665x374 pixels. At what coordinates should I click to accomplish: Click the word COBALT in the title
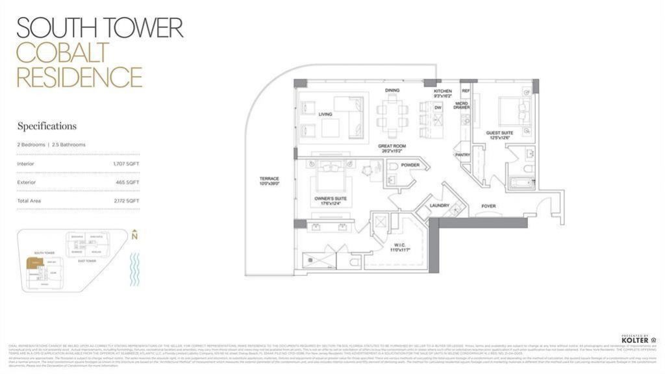tap(62, 52)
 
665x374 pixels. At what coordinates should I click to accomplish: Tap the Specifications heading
tap(47, 126)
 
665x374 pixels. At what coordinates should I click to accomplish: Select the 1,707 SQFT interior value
tap(126, 164)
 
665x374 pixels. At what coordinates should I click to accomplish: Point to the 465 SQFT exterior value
tap(127, 182)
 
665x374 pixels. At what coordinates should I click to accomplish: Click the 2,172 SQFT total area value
tap(126, 201)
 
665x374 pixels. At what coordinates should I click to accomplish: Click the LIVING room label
tap(325, 114)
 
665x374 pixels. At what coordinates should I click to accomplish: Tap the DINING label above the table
tap(392, 90)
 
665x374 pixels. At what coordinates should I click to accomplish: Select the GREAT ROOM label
tap(392, 147)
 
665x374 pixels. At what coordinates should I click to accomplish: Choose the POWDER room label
tap(410, 166)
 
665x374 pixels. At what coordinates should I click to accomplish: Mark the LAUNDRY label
tap(440, 206)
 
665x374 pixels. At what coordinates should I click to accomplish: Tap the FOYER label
tap(488, 206)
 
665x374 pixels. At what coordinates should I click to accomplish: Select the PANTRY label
tap(462, 155)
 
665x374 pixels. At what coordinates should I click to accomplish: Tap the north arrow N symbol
tap(134, 236)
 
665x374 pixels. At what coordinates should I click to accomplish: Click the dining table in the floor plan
tap(392, 116)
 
